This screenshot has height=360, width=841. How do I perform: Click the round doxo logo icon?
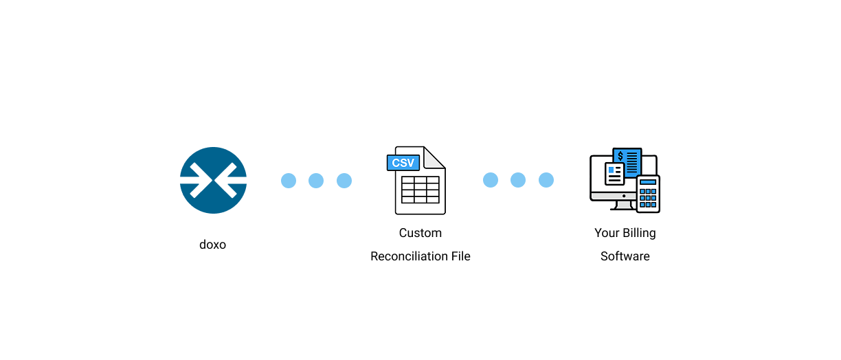tap(213, 180)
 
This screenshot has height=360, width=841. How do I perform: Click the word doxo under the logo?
tap(213, 245)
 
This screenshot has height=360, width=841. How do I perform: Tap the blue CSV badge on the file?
tap(403, 163)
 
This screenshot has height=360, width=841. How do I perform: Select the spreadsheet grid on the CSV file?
tap(420, 190)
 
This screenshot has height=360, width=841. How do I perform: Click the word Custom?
tap(420, 233)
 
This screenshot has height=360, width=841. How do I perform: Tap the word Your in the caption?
tap(607, 233)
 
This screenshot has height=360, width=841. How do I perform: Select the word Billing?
tap(639, 233)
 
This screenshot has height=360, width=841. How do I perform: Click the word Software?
tap(625, 256)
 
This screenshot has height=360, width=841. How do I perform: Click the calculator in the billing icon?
tap(648, 194)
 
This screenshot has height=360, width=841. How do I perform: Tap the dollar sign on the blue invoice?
tap(620, 156)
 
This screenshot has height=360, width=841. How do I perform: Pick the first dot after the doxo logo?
tap(289, 181)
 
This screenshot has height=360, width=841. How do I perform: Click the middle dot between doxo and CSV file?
tap(316, 181)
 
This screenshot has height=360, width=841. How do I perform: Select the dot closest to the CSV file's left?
tap(344, 181)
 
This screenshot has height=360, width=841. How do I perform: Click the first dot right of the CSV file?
tap(491, 180)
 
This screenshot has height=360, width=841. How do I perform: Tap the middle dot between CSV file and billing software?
tap(518, 180)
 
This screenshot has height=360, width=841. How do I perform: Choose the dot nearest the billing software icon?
tap(546, 180)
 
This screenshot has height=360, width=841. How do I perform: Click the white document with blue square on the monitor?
tap(614, 174)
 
